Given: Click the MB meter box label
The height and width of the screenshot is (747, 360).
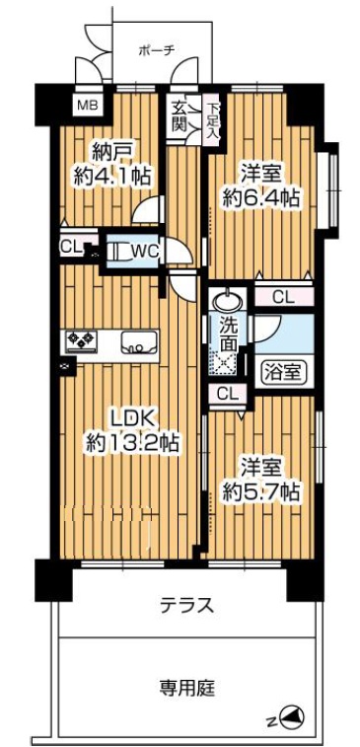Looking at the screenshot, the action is pos(87,105).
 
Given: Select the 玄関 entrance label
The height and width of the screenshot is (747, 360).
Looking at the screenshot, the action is pos(179,116).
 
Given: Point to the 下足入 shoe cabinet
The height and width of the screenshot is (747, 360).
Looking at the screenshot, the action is pos(211,116).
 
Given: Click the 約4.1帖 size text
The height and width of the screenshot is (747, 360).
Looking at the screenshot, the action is pos(112,177).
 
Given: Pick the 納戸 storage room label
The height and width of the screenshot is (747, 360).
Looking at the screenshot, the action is pos(112,154).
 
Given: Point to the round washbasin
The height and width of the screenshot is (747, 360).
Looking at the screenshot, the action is pos(227,301).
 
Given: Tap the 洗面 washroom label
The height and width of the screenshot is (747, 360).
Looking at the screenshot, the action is pos(228,335).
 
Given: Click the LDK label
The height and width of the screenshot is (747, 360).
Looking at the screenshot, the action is pos(130,419).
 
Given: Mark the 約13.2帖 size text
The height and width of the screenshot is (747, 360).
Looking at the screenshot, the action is pos(132,443).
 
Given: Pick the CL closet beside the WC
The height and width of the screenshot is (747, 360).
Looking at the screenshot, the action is pos(69,247).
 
